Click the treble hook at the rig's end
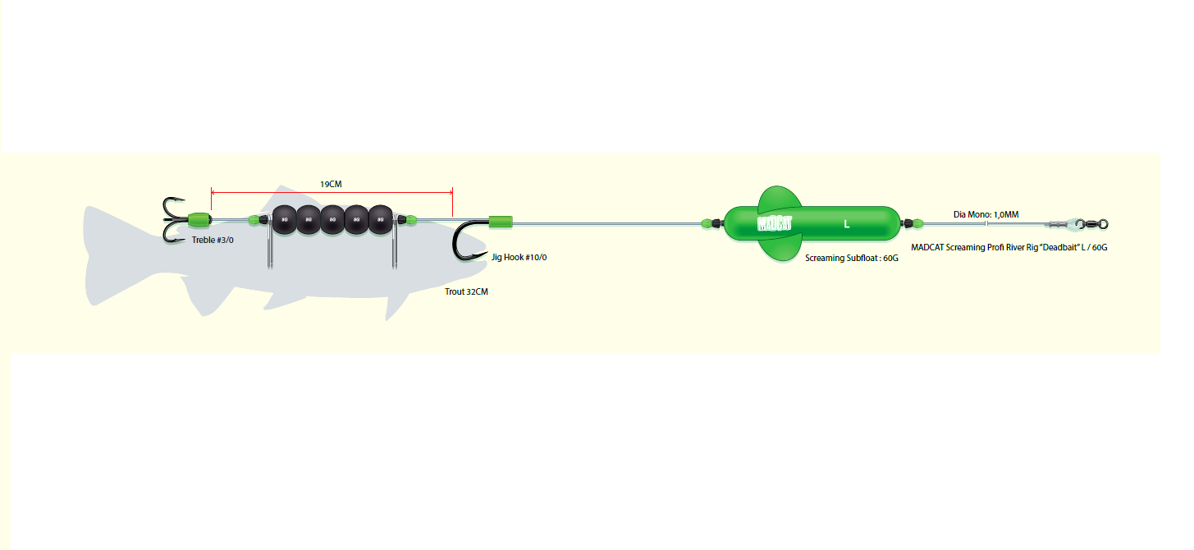coord(174,220)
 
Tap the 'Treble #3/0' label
coord(213,241)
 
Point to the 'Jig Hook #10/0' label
coord(519,257)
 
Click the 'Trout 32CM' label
coord(465,291)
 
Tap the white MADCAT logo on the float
coord(774,222)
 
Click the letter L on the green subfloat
coord(846,223)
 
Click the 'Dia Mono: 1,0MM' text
coord(986,214)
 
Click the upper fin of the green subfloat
coord(778,199)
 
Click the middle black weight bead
coord(332,220)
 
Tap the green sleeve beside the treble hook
coord(199,219)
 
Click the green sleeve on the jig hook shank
coord(501,221)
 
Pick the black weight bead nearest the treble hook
coord(284,220)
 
